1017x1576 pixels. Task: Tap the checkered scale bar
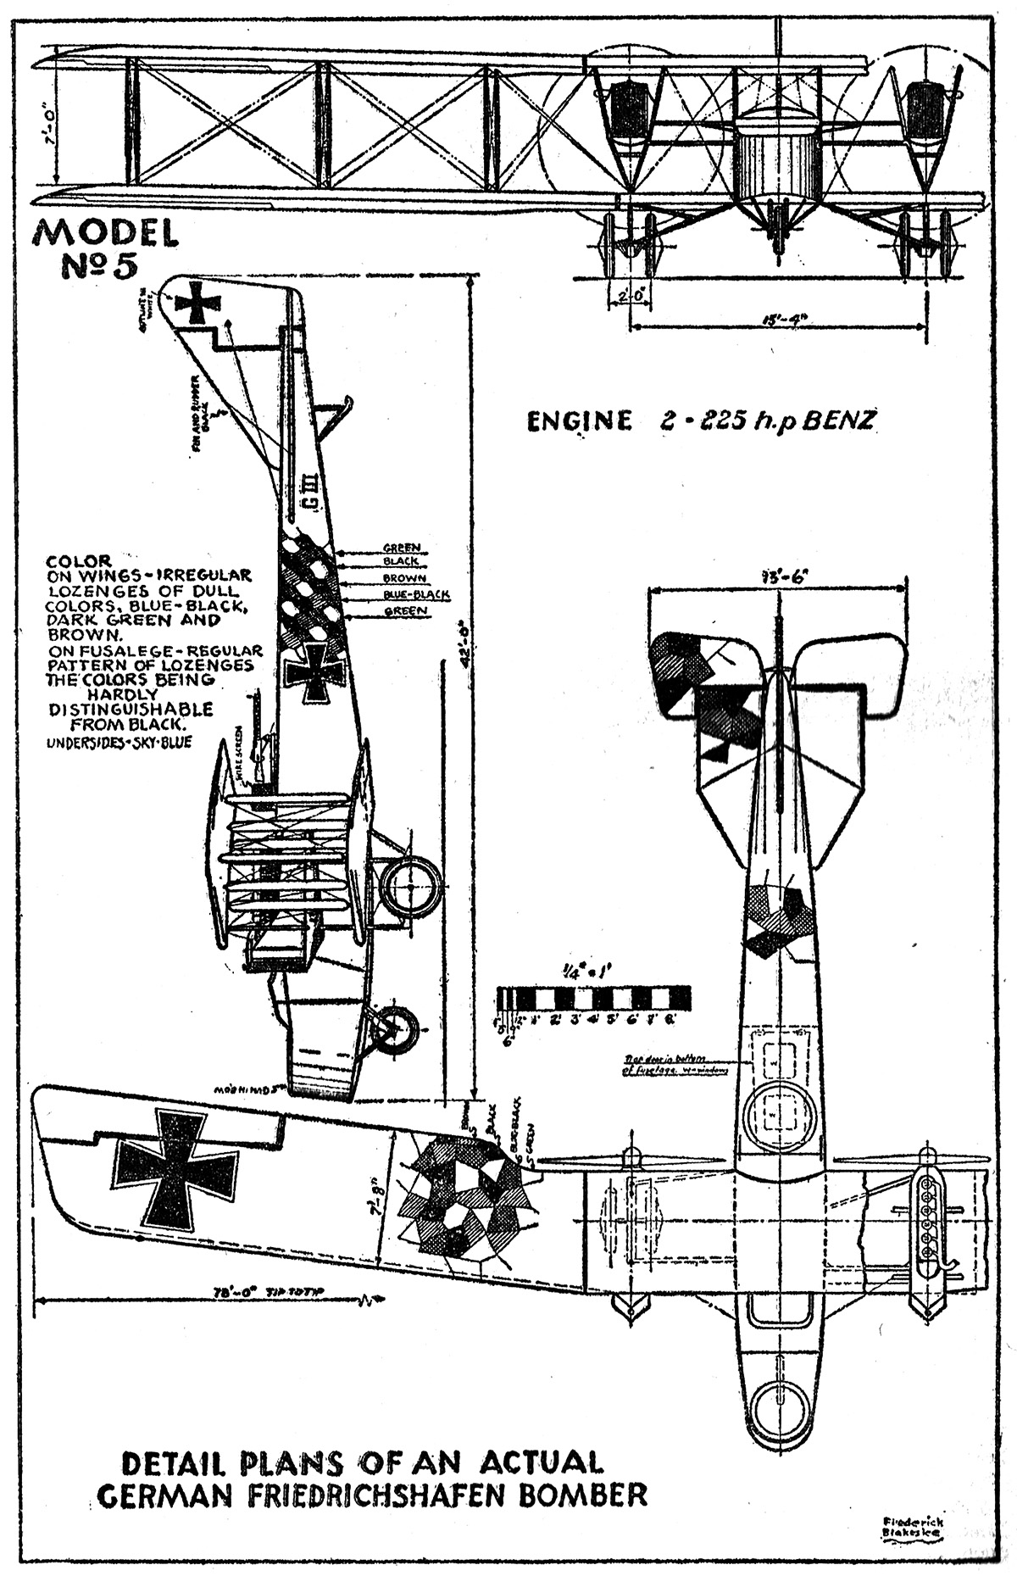click(593, 997)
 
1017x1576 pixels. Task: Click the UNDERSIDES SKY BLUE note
click(119, 743)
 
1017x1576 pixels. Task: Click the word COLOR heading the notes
click(79, 560)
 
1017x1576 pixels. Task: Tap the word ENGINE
click(579, 421)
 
